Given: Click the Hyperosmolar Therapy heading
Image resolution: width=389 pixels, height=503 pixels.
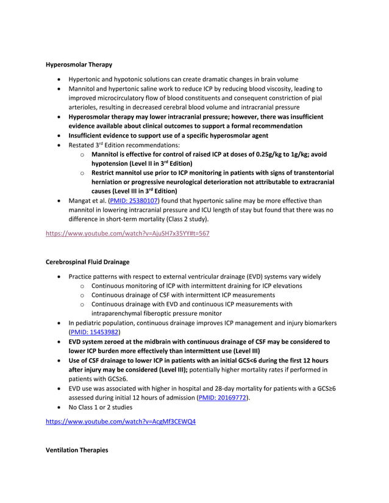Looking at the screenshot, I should pos(79,64).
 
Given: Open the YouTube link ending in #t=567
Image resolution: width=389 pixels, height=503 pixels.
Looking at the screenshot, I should pos(127,233).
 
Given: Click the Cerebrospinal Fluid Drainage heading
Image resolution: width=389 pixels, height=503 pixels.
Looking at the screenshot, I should pos(87,262).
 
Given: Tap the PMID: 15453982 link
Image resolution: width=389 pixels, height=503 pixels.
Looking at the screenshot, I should pos(95,332).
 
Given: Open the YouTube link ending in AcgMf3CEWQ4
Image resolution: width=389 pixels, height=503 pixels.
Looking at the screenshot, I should pos(121,421).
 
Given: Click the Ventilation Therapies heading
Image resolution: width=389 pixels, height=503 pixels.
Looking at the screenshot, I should pos(77,449).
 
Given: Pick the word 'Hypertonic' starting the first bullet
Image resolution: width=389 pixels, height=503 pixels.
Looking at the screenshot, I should pos(86,79).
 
